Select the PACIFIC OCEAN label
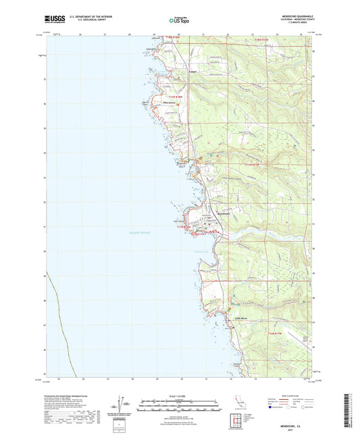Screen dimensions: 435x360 [139, 232]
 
